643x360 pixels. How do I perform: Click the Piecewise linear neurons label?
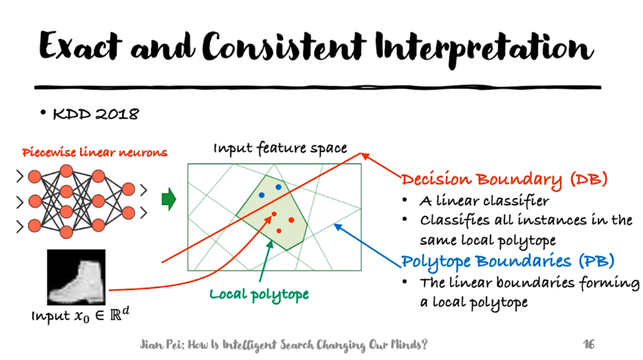pos(94,153)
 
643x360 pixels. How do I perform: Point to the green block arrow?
pos(168,200)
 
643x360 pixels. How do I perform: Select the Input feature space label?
pos(280,148)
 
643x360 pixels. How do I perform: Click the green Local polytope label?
pos(259,294)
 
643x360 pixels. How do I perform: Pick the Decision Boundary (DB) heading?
pos(504,180)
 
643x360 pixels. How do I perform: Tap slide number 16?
pos(589,343)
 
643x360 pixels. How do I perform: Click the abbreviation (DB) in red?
pos(589,180)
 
